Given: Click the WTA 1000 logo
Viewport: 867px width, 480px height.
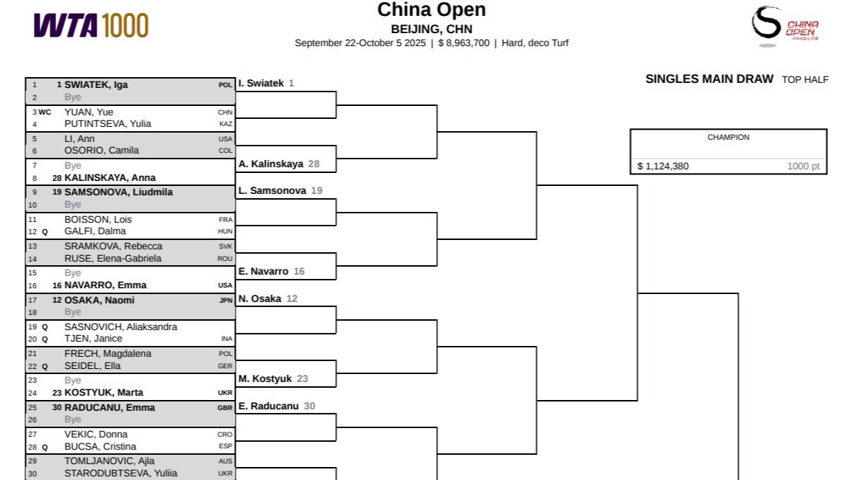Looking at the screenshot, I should [x=91, y=25].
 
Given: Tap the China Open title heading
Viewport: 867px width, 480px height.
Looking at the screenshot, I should [x=431, y=10].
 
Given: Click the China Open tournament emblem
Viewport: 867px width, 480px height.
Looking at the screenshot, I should [x=784, y=26].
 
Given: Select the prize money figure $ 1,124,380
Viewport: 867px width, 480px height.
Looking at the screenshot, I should [x=663, y=166].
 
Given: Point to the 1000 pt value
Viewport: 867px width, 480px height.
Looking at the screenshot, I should [x=803, y=166].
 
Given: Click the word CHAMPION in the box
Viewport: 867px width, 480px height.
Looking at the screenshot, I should [x=728, y=137].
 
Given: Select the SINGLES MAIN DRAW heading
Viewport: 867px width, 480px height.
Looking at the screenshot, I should [x=709, y=79].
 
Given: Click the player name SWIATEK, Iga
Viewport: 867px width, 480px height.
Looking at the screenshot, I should [x=96, y=84].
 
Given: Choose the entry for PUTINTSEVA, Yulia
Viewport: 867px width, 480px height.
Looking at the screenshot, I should [x=107, y=123].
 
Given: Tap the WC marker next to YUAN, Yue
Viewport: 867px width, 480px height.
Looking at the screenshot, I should [x=45, y=112].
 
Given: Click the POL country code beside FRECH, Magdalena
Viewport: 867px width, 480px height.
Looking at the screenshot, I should [x=226, y=354].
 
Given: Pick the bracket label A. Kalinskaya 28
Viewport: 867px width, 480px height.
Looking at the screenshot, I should [x=278, y=164].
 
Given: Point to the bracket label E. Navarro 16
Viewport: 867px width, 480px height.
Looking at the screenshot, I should [x=272, y=272].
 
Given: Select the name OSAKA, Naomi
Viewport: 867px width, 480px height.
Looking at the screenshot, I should [x=99, y=301].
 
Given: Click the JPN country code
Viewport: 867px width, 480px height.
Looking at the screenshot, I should [x=226, y=301].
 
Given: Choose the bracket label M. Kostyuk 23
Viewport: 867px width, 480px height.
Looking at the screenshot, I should [x=273, y=379].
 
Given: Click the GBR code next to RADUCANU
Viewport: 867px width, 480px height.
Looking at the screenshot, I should [x=226, y=408].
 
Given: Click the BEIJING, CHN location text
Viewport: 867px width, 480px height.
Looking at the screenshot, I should [x=432, y=29].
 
